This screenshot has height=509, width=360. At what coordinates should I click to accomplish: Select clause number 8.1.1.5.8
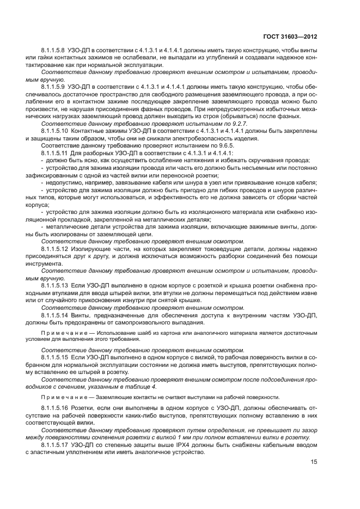click(54, 51)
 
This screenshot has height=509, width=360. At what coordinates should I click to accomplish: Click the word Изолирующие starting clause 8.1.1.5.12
click(90, 248)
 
